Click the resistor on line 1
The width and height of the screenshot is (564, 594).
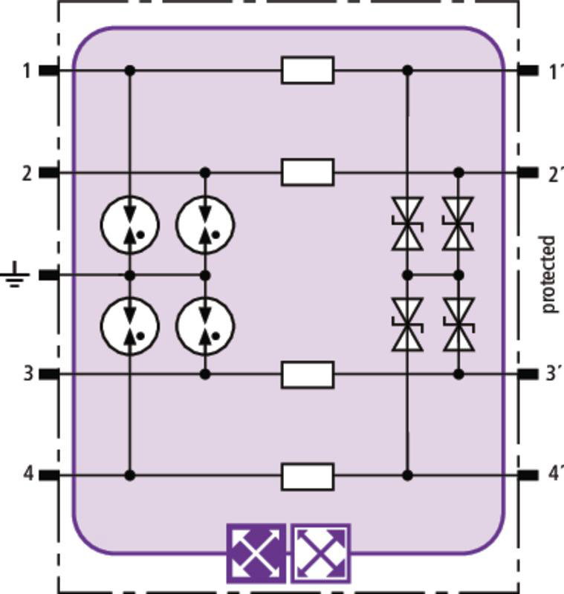308,70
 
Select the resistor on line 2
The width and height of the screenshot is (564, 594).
308,172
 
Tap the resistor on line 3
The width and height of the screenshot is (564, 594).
308,375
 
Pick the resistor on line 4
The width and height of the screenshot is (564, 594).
308,476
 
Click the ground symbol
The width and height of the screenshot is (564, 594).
15,274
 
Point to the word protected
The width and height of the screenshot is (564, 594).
548,274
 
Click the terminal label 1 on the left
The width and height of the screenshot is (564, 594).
26,71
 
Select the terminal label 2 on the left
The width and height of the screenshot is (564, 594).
27,174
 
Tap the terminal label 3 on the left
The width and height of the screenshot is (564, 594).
28,374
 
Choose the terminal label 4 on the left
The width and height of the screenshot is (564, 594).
28,474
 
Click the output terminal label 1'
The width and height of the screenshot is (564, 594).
554,71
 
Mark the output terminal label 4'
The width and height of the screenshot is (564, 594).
554,474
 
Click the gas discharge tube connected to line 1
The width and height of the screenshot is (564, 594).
130,225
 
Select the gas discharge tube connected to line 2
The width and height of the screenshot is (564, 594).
205,225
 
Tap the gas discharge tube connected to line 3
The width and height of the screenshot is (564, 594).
205,326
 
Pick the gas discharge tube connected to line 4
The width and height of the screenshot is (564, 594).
130,326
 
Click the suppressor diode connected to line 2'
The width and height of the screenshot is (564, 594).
458,224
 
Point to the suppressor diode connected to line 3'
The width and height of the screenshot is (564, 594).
458,324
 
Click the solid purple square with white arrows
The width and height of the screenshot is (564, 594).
256,553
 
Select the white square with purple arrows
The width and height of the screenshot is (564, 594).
321,553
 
